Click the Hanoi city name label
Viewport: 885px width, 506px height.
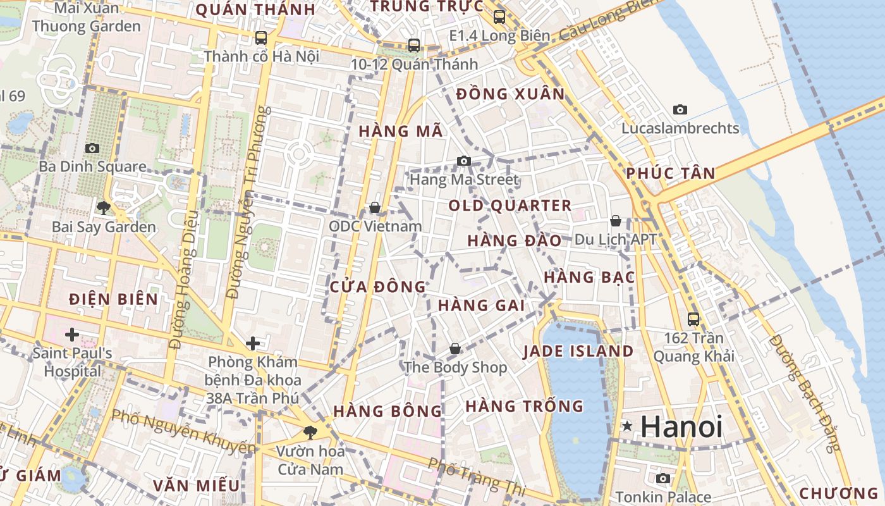click(681, 426)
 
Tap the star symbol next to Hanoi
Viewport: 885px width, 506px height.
click(627, 426)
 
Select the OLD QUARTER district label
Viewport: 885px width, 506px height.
click(510, 206)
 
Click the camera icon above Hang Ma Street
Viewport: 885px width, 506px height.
click(464, 161)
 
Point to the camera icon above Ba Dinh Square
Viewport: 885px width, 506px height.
click(92, 148)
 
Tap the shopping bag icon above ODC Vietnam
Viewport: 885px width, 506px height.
click(375, 207)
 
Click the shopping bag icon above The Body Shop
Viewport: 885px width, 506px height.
click(455, 349)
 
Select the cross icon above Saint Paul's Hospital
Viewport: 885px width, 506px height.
click(72, 334)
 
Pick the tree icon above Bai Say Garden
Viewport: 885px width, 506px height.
click(104, 207)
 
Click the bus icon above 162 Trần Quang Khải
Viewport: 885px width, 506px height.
click(693, 319)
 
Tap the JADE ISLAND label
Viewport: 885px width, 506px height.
click(578, 352)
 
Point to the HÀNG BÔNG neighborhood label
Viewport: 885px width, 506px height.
click(388, 411)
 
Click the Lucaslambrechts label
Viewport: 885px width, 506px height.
click(680, 128)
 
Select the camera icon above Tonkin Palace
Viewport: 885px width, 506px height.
click(663, 478)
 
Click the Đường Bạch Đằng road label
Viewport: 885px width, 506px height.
click(805, 392)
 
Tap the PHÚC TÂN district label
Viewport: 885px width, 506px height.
click(671, 173)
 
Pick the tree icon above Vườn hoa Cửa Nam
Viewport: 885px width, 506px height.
click(310, 433)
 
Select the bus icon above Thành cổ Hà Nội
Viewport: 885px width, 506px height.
click(261, 38)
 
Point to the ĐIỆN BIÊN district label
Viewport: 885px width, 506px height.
click(114, 299)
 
